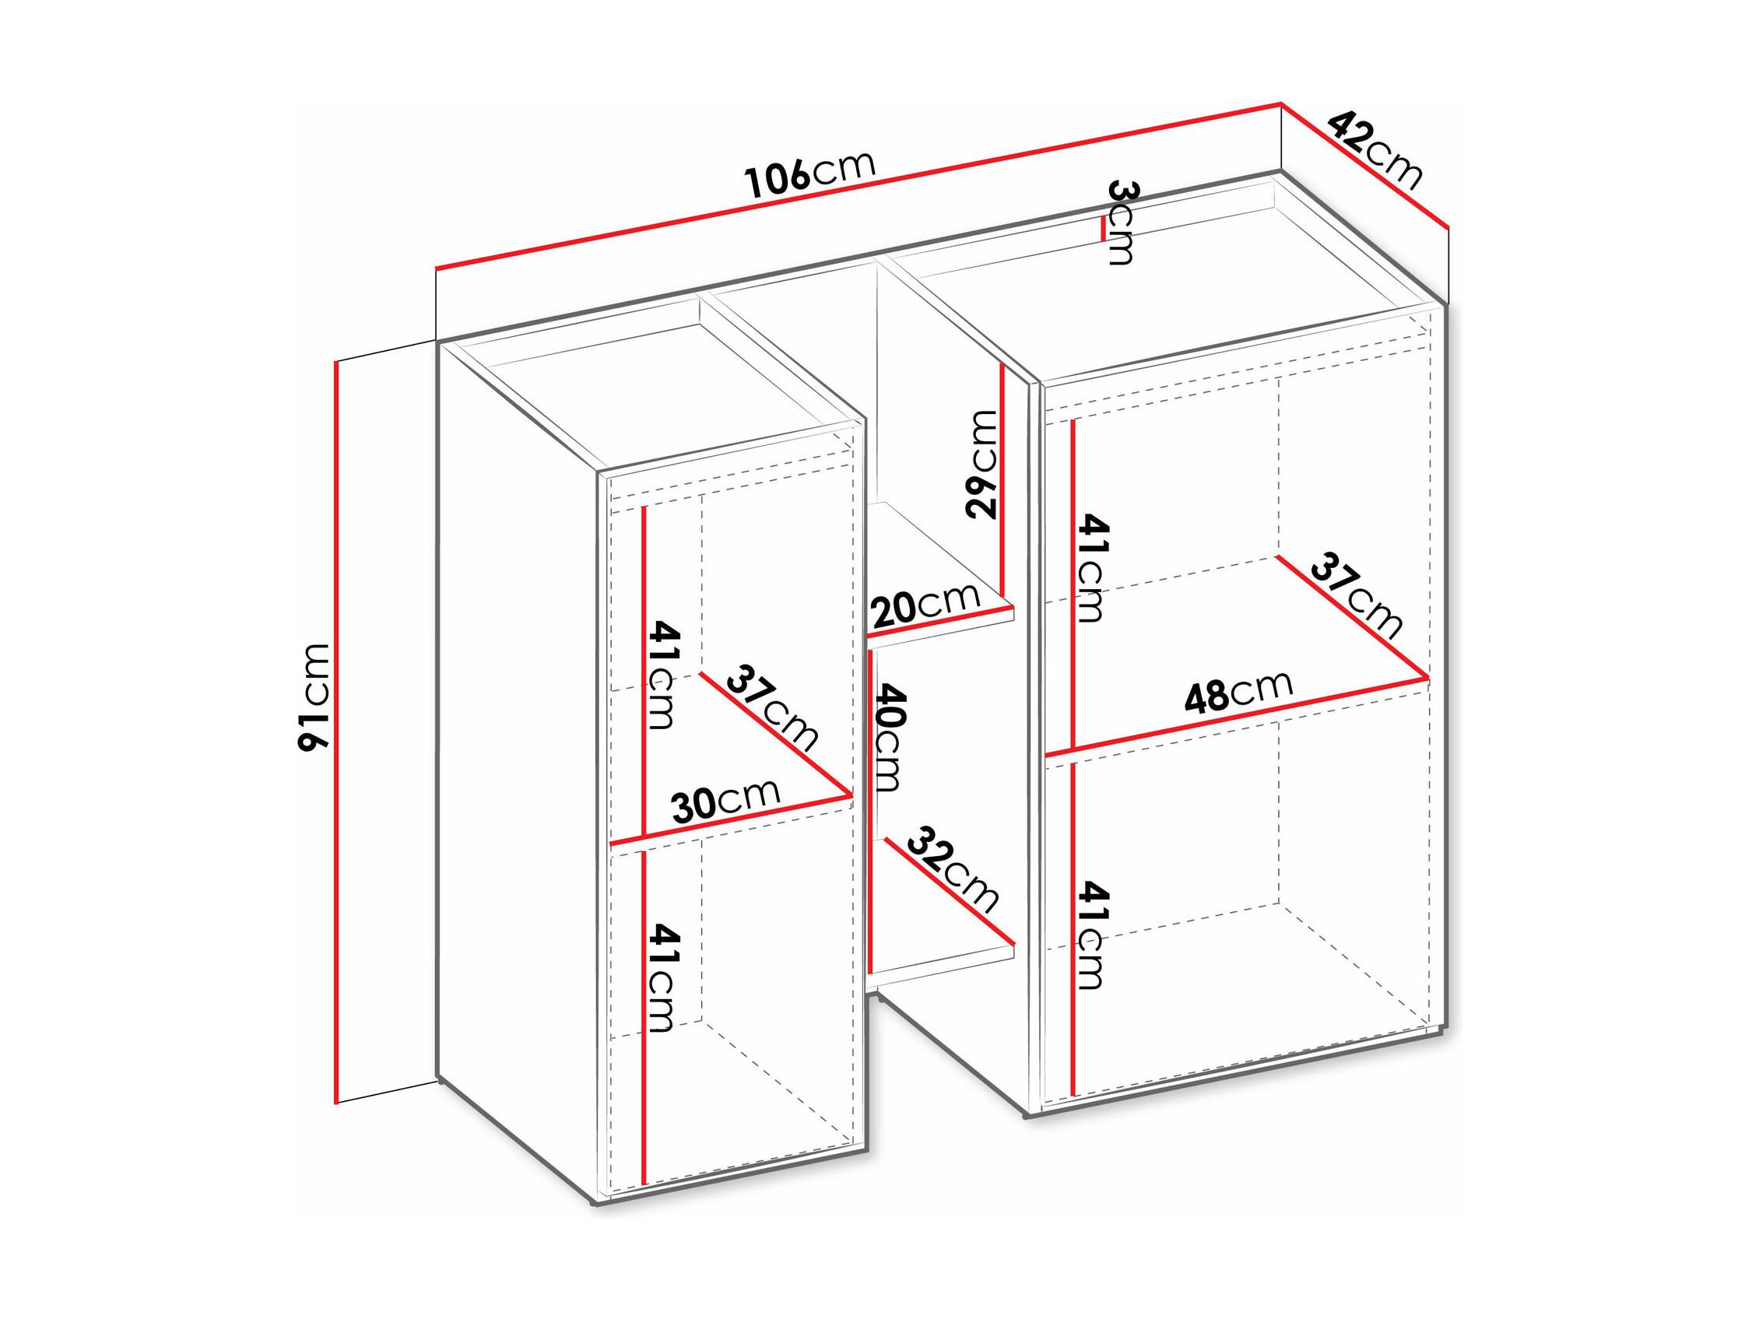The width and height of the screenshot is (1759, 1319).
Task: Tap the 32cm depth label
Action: pyautogui.click(x=952, y=870)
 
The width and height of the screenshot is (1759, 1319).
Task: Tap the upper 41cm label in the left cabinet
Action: pyautogui.click(x=662, y=675)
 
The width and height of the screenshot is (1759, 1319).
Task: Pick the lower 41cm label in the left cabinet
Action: pyautogui.click(x=662, y=977)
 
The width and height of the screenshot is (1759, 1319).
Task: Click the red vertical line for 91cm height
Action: pyautogui.click(x=337, y=731)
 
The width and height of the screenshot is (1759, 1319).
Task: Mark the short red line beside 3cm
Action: pyautogui.click(x=1102, y=229)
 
